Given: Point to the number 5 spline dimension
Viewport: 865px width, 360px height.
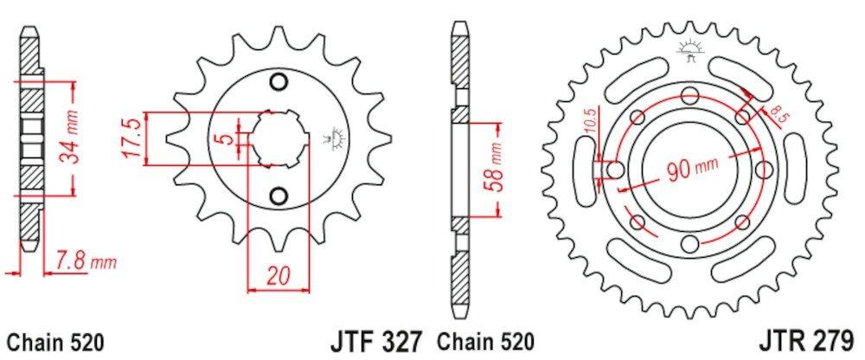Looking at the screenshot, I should [224, 139].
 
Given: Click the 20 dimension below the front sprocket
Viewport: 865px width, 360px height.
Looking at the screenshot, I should [277, 276].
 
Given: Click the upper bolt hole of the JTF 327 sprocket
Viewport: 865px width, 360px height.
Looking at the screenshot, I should [278, 83].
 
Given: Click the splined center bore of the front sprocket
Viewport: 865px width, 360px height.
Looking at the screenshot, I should [276, 138].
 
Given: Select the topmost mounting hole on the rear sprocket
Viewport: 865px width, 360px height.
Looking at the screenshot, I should [689, 95].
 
